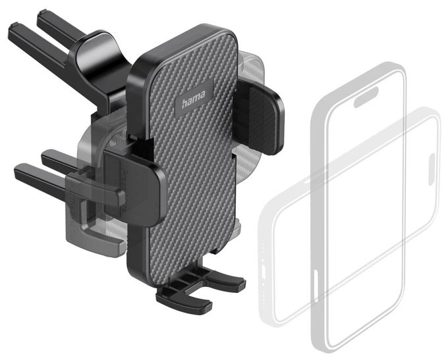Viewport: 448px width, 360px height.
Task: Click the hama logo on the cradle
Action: pos(194,98)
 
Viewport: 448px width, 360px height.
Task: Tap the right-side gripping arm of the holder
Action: pos(262,117)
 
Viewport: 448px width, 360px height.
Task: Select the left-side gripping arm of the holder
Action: pos(134,186)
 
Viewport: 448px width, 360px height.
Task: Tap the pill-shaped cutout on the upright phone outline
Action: pos(366,97)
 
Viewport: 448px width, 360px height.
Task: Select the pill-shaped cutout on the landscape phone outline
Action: pos(432,169)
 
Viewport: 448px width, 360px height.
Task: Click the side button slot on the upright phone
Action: pos(316,286)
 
